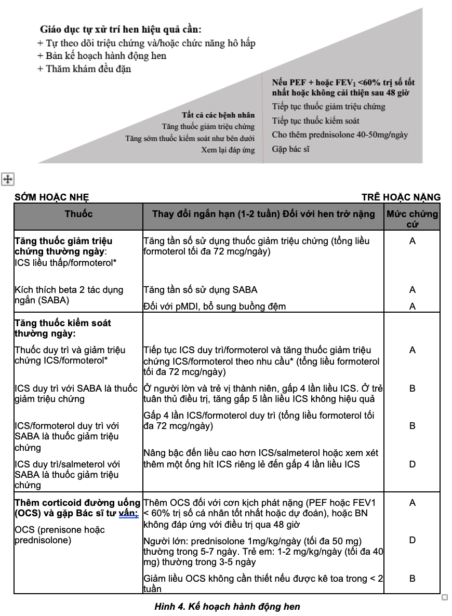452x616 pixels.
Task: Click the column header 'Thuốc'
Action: click(78, 213)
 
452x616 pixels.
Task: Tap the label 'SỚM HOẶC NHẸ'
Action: click(52, 197)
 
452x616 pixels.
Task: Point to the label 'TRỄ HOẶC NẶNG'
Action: click(401, 197)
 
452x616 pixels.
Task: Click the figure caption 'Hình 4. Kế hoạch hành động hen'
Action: click(227, 606)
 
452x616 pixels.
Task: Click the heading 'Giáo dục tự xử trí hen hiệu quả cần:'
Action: click(121, 30)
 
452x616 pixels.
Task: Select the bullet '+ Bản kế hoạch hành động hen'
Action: click(102, 56)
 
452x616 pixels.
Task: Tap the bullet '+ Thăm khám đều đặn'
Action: click(84, 69)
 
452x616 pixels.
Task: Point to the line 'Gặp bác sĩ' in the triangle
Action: click(291, 149)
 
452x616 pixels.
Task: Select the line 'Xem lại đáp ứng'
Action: click(228, 150)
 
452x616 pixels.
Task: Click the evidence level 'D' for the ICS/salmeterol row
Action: click(413, 464)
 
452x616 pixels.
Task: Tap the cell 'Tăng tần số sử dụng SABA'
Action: click(200, 289)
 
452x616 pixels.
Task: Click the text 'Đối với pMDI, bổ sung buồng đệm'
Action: click(214, 306)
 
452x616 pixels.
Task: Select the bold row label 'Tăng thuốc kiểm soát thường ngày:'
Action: click(63, 328)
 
